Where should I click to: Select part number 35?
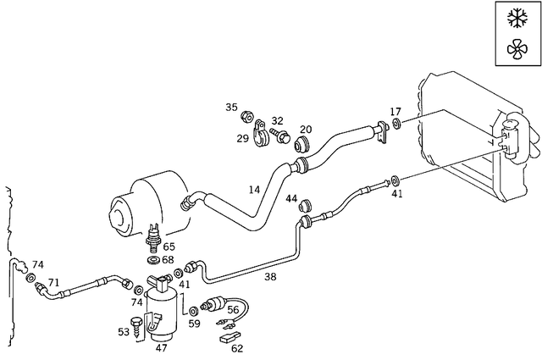click(231, 108)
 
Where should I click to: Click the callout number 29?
click(242, 138)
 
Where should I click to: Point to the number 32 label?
click(277, 121)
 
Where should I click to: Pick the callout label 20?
click(306, 130)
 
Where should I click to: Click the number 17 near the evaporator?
click(395, 112)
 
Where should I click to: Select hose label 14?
click(254, 190)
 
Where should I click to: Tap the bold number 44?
click(291, 200)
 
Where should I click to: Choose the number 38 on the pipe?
click(270, 275)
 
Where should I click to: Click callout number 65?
click(169, 246)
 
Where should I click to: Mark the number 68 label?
click(168, 259)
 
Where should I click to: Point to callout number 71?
click(53, 282)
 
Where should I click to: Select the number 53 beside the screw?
click(124, 331)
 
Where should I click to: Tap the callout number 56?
click(233, 310)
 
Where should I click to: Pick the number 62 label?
click(237, 347)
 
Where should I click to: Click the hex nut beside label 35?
click(246, 116)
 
